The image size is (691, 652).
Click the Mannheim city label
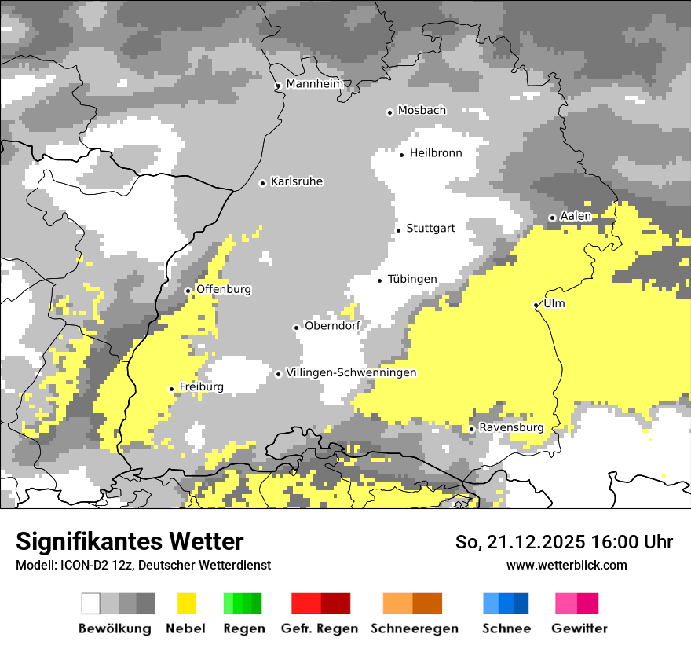click(x=314, y=84)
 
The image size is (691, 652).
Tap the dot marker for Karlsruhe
click(x=263, y=183)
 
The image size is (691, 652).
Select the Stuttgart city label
click(x=430, y=229)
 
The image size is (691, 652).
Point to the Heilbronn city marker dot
click(x=402, y=155)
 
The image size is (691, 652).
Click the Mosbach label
click(x=422, y=111)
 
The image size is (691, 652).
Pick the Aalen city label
click(x=576, y=216)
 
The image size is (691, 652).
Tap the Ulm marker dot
click(x=536, y=305)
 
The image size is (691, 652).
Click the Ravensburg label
click(x=511, y=428)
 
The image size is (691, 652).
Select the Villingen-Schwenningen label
click(x=351, y=373)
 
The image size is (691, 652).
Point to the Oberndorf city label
click(x=333, y=326)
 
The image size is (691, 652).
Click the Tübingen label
click(x=412, y=280)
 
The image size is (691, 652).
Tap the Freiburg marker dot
click(x=172, y=389)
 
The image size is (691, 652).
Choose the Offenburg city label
click(x=224, y=289)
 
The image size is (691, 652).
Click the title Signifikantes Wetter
click(x=130, y=541)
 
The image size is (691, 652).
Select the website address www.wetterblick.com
click(x=566, y=565)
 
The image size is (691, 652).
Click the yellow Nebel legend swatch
click(x=186, y=603)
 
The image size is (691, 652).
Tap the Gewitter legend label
click(x=579, y=628)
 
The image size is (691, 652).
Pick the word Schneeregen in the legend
click(x=415, y=628)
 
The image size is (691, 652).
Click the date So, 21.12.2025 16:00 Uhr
click(x=564, y=542)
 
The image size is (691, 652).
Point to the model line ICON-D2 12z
click(x=143, y=565)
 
